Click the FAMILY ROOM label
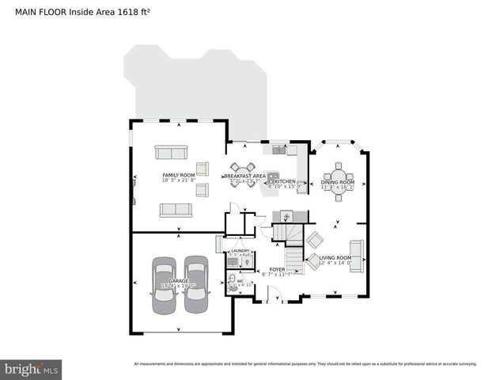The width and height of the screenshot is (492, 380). point(179,175)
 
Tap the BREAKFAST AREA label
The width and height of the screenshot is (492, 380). point(244,176)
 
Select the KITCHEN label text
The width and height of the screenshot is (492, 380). point(285,181)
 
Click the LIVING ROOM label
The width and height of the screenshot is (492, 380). point(335,258)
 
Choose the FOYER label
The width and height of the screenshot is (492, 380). point(277,270)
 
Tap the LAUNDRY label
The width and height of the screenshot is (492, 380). point(240,251)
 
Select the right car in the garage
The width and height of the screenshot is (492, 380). point(195,285)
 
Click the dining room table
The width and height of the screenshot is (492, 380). point(339,176)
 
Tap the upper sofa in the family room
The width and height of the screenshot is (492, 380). point(170,153)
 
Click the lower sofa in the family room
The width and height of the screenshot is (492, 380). point(175,210)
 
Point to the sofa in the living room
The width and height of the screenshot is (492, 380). point(356,255)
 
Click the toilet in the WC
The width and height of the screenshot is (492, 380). point(232,279)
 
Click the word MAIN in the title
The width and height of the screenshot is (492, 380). point(28,12)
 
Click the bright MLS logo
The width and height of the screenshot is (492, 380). point(31,369)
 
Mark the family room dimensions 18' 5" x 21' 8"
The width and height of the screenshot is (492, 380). point(179,181)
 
